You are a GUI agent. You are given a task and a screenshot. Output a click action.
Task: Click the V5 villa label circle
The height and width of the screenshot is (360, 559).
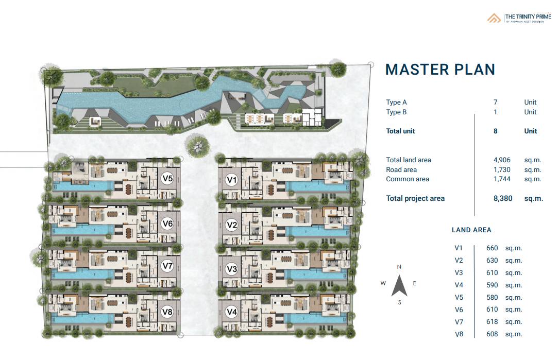(x=167, y=178)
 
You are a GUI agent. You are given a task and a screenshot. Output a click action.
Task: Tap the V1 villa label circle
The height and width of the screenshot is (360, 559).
(x=232, y=180)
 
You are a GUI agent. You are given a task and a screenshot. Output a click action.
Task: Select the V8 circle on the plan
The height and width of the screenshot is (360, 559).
(x=167, y=312)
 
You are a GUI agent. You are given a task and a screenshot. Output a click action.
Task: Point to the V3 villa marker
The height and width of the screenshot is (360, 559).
(x=232, y=269)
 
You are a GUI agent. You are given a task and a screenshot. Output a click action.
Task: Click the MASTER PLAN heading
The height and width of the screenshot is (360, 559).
(x=441, y=70)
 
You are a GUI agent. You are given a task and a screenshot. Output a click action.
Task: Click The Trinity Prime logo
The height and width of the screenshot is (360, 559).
(x=519, y=18)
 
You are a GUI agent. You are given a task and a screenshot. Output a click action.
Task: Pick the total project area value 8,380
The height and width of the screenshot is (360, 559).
(x=503, y=198)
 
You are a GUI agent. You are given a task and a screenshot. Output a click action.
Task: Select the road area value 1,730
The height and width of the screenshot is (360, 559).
(x=502, y=169)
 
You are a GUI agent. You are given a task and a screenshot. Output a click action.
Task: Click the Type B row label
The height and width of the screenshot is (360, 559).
(x=396, y=112)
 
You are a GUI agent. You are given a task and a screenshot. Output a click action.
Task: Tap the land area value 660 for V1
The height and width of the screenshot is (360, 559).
(x=492, y=248)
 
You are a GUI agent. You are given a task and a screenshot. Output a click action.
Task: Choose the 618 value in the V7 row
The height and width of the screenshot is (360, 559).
(x=492, y=321)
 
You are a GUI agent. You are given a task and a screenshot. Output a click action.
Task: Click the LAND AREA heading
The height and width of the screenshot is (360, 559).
(x=471, y=230)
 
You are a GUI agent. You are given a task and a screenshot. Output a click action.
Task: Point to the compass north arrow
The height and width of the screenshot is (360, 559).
(x=399, y=285)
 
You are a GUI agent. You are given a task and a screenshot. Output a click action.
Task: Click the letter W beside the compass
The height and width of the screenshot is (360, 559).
(x=383, y=283)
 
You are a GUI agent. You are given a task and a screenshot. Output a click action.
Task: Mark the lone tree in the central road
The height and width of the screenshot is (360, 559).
(x=197, y=146)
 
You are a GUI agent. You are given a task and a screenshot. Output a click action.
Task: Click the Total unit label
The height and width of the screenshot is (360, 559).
(x=400, y=131)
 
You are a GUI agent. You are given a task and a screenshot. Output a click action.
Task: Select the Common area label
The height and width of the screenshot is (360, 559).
(x=408, y=179)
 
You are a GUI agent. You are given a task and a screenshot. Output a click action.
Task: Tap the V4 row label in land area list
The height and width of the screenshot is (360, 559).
(x=459, y=285)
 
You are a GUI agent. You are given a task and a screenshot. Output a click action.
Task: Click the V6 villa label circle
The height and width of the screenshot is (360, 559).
(x=167, y=224)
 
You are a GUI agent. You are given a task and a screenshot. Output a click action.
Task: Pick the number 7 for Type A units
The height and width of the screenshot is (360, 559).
(x=496, y=102)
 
